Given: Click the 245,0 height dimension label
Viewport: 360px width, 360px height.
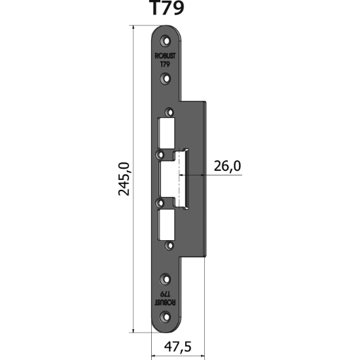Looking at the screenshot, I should pos(124,179).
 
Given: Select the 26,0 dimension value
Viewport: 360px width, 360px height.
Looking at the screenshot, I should pos(227,166).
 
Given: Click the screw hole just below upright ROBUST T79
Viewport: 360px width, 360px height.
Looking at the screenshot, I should pos(167,79).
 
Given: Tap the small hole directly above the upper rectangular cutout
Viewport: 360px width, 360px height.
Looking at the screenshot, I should pos(170,112).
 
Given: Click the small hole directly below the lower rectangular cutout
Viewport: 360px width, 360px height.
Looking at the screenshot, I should pos(170,246).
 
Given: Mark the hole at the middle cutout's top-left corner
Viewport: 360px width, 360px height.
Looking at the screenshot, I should pos(160,155).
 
